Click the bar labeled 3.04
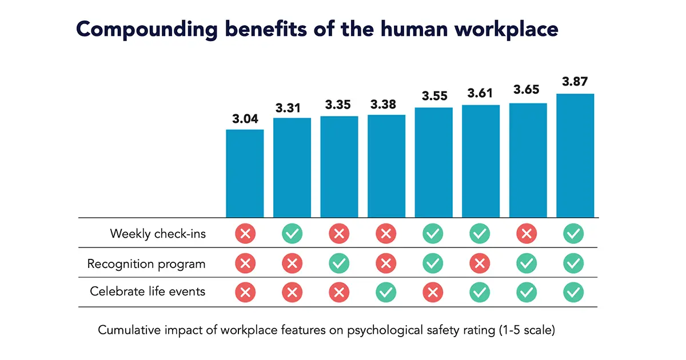245,173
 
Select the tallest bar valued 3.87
575,155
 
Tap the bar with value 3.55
433,162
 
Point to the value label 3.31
292,108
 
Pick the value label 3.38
386,105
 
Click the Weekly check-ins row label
158,234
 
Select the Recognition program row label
146,264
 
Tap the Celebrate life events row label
147,291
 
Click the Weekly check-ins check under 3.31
292,233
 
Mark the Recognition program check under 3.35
339,263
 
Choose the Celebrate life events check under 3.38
386,292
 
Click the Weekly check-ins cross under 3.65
528,233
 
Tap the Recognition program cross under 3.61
481,263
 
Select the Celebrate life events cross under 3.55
433,292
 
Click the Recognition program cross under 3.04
245,263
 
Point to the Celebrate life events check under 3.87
575,292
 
